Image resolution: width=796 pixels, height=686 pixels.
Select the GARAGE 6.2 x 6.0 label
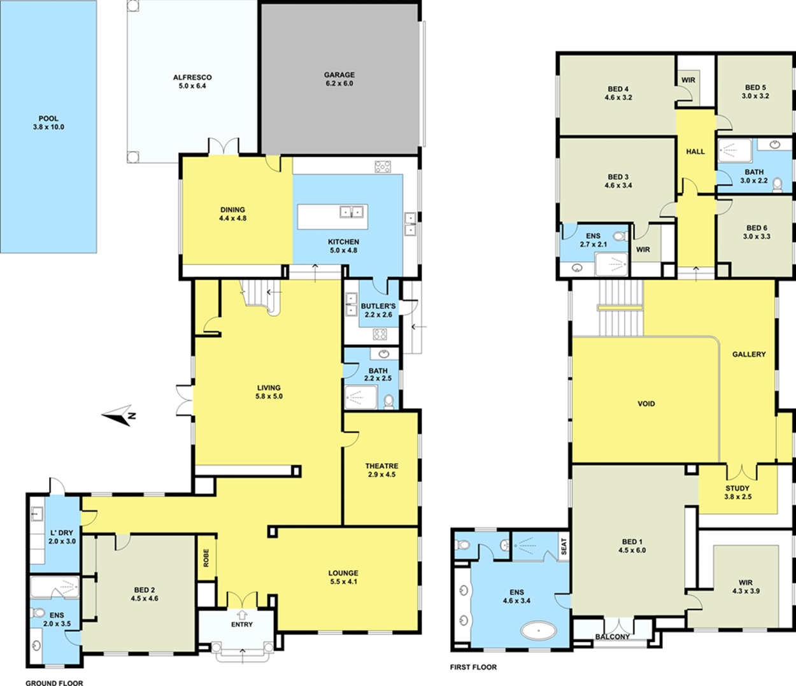[x=339, y=79]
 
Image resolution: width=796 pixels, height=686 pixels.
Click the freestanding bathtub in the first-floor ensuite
[x=538, y=632]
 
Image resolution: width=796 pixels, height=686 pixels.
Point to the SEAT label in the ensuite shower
[x=564, y=546]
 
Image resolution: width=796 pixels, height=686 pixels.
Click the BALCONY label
[x=613, y=637]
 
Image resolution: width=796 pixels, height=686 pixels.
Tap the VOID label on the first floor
[x=646, y=404]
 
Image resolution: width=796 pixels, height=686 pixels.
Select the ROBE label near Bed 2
[x=206, y=558]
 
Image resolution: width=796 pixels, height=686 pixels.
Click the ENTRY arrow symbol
[x=242, y=614]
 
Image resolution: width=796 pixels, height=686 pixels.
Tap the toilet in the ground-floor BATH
[x=389, y=401]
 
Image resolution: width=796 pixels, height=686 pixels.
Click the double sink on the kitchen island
[x=352, y=212]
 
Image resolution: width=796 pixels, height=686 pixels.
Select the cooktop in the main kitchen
[x=383, y=167]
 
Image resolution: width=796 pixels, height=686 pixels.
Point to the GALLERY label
[x=749, y=354]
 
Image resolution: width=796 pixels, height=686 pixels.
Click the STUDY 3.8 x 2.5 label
[x=737, y=492]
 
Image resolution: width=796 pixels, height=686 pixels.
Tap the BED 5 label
[x=755, y=87]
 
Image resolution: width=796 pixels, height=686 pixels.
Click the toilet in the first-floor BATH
[x=778, y=185]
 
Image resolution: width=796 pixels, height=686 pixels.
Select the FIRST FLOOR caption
[x=473, y=667]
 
